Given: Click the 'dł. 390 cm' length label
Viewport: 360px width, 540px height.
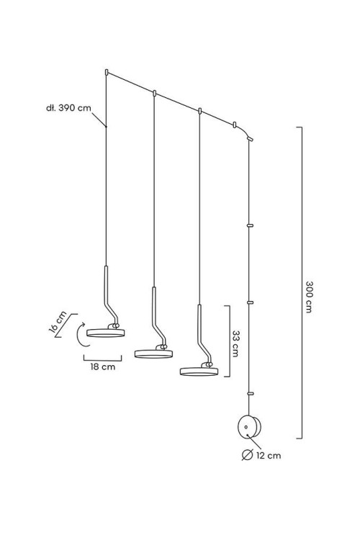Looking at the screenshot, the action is [x=68, y=108].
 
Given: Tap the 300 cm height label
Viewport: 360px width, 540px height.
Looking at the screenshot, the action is [x=309, y=297].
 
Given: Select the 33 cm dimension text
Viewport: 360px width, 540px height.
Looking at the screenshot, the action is [x=235, y=343].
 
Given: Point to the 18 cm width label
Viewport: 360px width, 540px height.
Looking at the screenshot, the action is [x=103, y=366].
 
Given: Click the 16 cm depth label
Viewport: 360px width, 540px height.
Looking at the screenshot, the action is [x=58, y=322].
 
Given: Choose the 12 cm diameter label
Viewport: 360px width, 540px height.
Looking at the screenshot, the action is [x=269, y=456].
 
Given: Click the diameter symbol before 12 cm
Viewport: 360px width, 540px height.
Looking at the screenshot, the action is [x=247, y=455].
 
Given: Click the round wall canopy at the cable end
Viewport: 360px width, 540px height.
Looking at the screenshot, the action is [x=248, y=426].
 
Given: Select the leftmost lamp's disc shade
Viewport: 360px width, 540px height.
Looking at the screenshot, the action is [x=105, y=333].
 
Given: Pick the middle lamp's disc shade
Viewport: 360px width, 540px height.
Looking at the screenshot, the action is [x=153, y=354].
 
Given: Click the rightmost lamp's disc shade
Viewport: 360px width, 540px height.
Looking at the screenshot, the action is [x=199, y=371].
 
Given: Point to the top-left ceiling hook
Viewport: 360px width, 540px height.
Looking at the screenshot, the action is [x=107, y=72].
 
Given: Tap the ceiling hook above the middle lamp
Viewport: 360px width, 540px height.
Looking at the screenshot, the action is [x=155, y=93].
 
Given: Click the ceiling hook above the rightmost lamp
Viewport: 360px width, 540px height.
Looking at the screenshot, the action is [x=200, y=111].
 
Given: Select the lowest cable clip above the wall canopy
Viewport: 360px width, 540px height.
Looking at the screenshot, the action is [x=251, y=393].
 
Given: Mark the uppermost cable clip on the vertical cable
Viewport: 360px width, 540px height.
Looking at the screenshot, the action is [x=251, y=225].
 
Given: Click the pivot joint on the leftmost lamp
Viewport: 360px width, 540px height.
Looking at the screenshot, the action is [x=114, y=325].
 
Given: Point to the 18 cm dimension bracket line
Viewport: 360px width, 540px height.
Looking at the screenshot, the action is [x=103, y=360].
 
